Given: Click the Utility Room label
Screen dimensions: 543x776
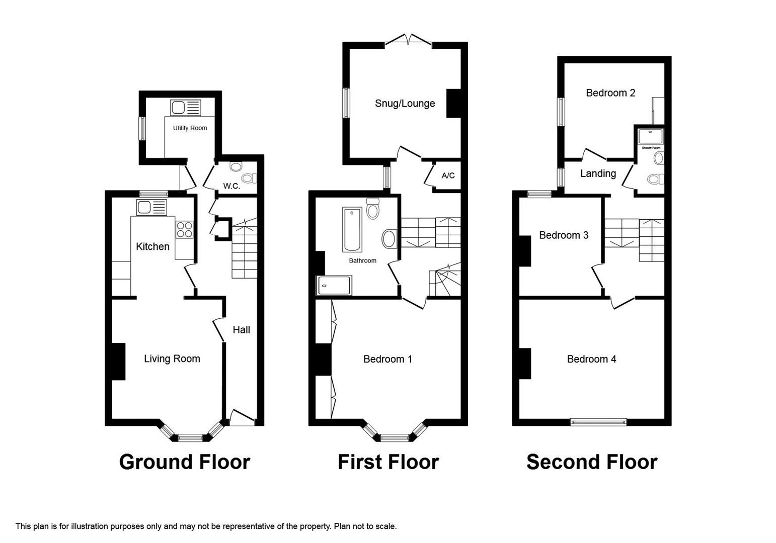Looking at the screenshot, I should point(190,128).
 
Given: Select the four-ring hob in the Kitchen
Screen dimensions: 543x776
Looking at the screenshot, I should point(184,229).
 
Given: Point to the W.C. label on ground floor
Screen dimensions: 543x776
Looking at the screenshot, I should point(231,186).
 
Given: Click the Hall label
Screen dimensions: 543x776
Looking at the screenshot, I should point(241,330).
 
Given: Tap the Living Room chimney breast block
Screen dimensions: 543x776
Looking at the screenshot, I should point(118,361).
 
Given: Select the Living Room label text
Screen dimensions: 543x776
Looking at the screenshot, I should point(172,358).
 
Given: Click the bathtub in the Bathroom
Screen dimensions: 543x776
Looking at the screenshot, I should point(352,229).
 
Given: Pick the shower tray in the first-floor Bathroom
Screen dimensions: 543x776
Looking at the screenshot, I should point(334,286).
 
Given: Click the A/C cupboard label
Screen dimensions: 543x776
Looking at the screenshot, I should point(448,175).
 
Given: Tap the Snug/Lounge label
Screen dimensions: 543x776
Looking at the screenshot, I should point(405,104).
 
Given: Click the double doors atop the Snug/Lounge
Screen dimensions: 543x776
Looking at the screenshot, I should point(408,40).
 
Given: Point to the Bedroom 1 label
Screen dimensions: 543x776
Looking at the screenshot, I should point(387,359).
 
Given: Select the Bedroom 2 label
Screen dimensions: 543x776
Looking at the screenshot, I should point(610,93).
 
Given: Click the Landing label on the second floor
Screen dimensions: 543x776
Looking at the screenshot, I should point(598,173).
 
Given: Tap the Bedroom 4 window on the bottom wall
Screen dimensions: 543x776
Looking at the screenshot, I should point(598,422).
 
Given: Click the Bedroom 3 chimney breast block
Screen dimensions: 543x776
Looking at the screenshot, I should point(525,250).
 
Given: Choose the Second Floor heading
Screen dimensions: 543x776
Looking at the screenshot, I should point(591,462).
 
